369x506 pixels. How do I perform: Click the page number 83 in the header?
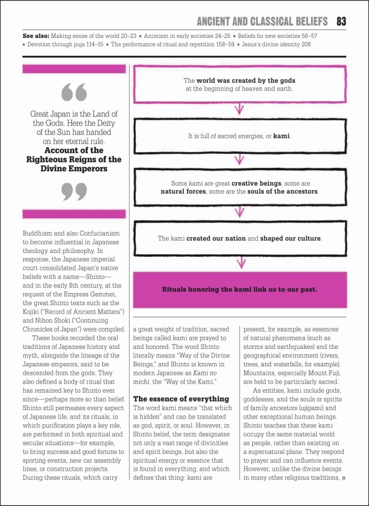[x=341, y=22]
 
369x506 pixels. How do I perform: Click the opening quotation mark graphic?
[x=74, y=92]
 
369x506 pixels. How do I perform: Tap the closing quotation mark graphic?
[x=74, y=191]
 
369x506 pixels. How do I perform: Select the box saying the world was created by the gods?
[x=239, y=84]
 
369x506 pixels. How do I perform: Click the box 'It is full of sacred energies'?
[x=239, y=136]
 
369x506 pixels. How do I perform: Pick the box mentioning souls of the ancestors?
[x=239, y=187]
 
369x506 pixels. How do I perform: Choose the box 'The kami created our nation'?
[x=239, y=238]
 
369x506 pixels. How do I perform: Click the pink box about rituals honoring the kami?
[x=239, y=289]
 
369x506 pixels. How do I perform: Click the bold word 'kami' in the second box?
[x=281, y=136]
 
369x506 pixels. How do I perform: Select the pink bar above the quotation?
[x=74, y=69]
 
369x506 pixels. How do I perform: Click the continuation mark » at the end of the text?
[x=344, y=478]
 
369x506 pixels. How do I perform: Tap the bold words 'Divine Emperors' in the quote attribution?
[x=74, y=169]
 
